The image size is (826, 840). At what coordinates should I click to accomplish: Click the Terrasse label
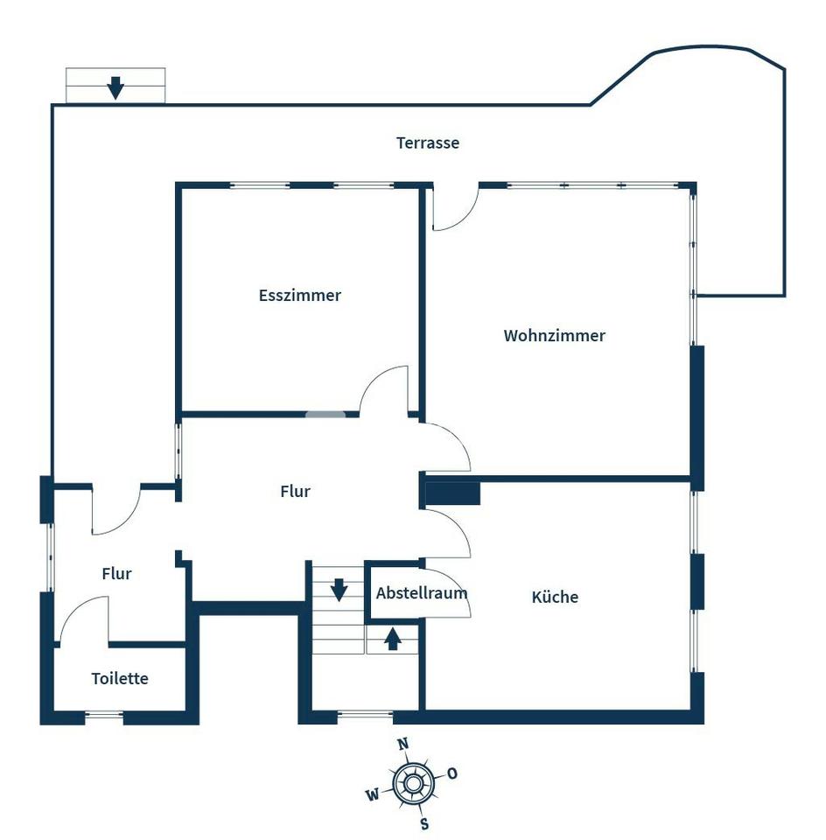pos(428,143)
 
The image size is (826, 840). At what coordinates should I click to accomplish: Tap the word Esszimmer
pos(299,295)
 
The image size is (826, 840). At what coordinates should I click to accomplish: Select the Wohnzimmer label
pos(555,335)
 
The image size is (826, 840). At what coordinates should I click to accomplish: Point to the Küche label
pos(555,597)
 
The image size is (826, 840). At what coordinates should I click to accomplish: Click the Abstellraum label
pos(422,593)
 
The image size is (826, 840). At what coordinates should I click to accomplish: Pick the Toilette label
pos(120,678)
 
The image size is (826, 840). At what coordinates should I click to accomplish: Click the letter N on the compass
pos(403,744)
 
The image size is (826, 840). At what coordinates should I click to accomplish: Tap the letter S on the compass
pos(424,823)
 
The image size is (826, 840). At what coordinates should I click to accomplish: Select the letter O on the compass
pos(452,773)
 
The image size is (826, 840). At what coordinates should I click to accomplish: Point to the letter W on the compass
pos(373,794)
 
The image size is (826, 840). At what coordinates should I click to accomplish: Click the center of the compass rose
pos(412,784)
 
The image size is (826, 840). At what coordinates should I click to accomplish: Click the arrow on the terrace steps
pos(115,87)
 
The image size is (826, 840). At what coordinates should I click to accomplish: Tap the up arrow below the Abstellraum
pos(393,639)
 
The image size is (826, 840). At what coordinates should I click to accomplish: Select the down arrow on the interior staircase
pos(339,590)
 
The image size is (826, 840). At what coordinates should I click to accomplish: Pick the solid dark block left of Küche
pos(452,493)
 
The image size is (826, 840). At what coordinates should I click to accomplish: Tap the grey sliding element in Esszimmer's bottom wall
pos(325,414)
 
